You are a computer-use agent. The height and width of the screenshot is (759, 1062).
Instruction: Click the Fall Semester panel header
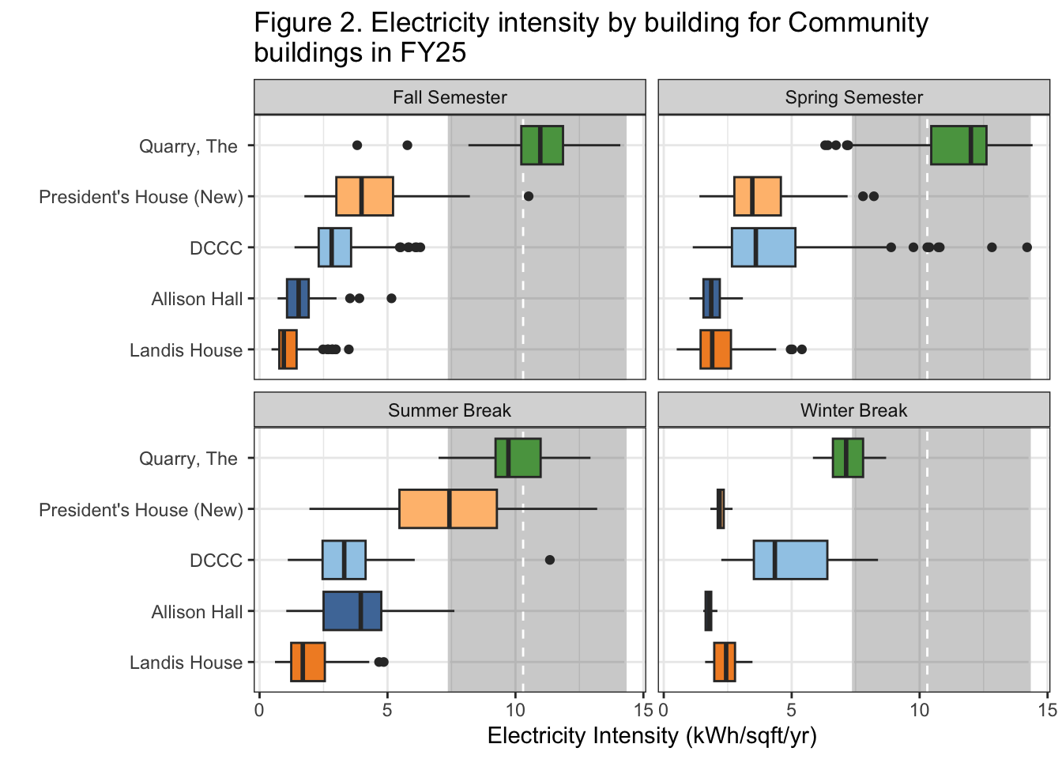click(450, 97)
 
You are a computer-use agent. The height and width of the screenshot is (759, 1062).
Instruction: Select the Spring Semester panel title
click(853, 97)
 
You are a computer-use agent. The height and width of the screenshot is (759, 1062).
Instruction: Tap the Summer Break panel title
click(450, 410)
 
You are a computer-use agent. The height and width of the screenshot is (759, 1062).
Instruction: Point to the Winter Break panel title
click(853, 410)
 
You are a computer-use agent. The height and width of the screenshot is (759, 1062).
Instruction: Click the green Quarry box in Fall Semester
click(542, 145)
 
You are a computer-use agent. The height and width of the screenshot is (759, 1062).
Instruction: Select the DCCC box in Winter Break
click(790, 560)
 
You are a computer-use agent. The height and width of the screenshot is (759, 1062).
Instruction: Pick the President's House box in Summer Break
click(448, 509)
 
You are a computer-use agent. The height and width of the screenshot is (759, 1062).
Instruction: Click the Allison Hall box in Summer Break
click(352, 611)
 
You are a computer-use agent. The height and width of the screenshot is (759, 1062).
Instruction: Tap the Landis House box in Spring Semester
click(715, 349)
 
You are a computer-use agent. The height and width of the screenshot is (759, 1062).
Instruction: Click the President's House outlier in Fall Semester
click(529, 196)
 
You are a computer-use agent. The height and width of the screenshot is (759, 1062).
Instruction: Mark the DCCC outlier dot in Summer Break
click(550, 560)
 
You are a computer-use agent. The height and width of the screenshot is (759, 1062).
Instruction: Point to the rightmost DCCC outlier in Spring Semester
click(1026, 247)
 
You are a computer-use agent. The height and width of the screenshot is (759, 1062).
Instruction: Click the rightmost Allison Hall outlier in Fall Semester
click(391, 298)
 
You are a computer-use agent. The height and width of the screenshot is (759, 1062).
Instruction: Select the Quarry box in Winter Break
click(848, 458)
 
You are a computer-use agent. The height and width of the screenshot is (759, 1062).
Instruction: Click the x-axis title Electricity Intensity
click(652, 736)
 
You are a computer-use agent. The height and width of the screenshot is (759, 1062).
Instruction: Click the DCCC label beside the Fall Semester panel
click(216, 248)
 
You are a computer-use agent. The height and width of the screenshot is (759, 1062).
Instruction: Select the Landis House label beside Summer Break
click(186, 663)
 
